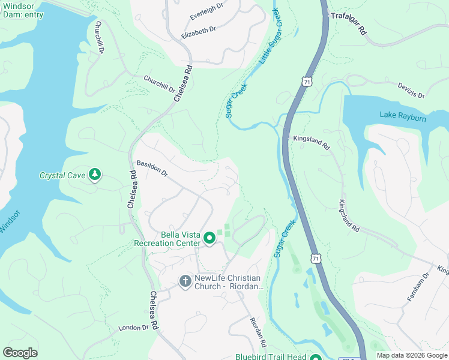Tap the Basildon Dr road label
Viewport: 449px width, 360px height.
[x=152, y=167]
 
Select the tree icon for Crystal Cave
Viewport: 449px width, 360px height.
[x=94, y=175]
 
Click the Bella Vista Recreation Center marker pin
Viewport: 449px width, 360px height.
[x=209, y=238]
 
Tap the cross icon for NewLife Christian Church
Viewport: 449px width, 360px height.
[x=185, y=281]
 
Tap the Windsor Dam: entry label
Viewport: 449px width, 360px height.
[x=22, y=10]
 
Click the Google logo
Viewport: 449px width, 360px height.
[x=20, y=352]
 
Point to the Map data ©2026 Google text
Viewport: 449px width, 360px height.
[x=412, y=355]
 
